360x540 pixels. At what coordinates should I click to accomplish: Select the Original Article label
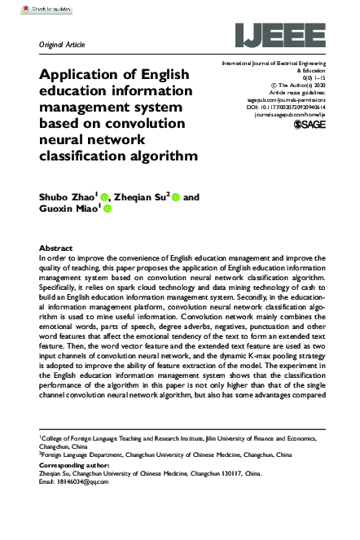tap(62, 43)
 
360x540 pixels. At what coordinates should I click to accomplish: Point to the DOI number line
tap(284, 108)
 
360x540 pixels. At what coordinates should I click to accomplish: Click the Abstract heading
tap(56, 247)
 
